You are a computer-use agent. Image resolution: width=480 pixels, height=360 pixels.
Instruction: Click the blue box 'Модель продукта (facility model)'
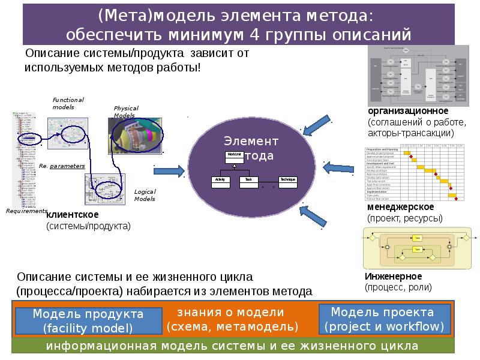(x=88, y=321)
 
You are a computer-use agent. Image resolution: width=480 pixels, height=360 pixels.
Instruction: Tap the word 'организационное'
(x=400, y=112)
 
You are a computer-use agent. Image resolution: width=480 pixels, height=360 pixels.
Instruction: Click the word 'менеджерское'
(x=397, y=207)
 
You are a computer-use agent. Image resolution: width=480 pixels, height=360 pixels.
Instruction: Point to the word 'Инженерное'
(x=393, y=276)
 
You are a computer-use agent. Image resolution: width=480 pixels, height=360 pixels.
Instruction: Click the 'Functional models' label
(x=67, y=103)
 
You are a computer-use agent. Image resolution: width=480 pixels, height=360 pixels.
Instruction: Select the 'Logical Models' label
(x=145, y=194)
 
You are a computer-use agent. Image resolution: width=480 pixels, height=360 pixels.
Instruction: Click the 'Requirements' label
(x=26, y=211)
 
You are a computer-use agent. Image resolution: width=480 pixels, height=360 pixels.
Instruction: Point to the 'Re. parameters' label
(x=62, y=166)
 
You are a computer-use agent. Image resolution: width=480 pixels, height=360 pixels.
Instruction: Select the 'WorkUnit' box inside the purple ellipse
(x=234, y=155)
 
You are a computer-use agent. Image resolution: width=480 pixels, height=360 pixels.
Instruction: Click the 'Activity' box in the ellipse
(x=220, y=180)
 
